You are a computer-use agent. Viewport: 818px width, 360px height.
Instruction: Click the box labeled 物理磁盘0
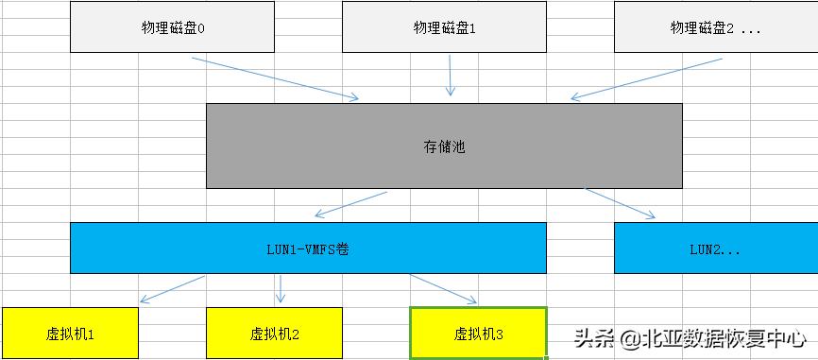pyautogui.click(x=172, y=27)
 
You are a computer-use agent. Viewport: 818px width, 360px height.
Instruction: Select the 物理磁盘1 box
pyautogui.click(x=444, y=27)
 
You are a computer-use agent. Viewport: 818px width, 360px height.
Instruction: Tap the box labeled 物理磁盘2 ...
pyautogui.click(x=715, y=27)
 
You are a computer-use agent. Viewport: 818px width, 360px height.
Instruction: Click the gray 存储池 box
pyautogui.click(x=444, y=146)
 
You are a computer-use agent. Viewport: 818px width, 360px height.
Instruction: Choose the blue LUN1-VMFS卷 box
pyautogui.click(x=308, y=249)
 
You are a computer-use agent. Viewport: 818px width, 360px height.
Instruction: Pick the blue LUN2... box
pyautogui.click(x=715, y=249)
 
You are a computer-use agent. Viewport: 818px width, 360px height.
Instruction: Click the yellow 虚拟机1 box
pyautogui.click(x=70, y=334)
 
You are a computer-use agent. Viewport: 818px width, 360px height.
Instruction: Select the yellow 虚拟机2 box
pyautogui.click(x=274, y=334)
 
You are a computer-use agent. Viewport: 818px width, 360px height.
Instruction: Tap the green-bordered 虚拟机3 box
pyautogui.click(x=479, y=334)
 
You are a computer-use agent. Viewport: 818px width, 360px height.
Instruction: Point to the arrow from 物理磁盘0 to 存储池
pyautogui.click(x=274, y=77)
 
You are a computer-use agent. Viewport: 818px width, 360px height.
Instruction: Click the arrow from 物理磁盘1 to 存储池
pyautogui.click(x=451, y=75)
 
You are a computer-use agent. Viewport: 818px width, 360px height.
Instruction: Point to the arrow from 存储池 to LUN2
pyautogui.click(x=620, y=203)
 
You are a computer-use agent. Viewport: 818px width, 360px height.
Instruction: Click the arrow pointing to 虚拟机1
pyautogui.click(x=171, y=289)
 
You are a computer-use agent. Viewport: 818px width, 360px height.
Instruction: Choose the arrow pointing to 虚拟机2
pyautogui.click(x=280, y=288)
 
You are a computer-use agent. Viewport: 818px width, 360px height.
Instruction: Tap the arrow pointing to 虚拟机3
pyautogui.click(x=444, y=289)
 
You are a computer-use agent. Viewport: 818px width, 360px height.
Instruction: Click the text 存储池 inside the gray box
pyautogui.click(x=444, y=146)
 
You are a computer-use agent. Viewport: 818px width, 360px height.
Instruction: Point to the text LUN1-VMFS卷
pyautogui.click(x=308, y=249)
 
